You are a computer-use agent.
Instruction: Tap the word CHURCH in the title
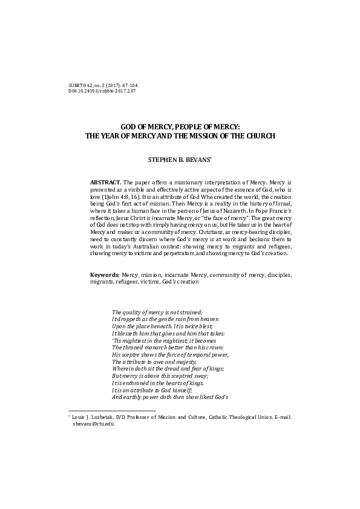tap(259, 136)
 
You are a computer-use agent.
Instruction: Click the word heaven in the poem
tap(207, 319)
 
